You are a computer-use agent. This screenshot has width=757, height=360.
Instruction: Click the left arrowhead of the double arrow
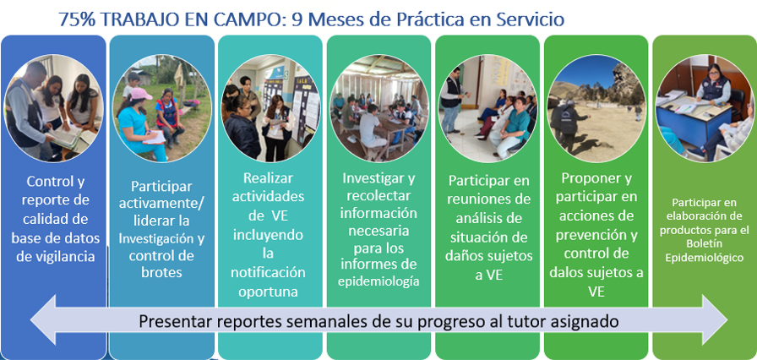[43, 319]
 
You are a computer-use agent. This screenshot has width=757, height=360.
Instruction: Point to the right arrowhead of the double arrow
[715, 319]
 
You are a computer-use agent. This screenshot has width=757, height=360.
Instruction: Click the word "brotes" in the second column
[161, 272]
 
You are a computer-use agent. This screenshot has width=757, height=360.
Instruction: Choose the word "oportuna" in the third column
[268, 292]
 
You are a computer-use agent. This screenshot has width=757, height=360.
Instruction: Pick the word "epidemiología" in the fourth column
[378, 281]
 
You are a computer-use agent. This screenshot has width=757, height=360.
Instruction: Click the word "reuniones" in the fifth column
[487, 199]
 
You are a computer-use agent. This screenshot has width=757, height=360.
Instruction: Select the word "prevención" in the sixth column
[596, 235]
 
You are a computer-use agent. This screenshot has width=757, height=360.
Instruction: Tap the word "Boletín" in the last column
[705, 245]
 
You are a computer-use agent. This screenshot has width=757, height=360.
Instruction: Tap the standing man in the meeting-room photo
[452, 99]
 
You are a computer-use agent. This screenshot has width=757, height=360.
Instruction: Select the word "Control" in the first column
[55, 182]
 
